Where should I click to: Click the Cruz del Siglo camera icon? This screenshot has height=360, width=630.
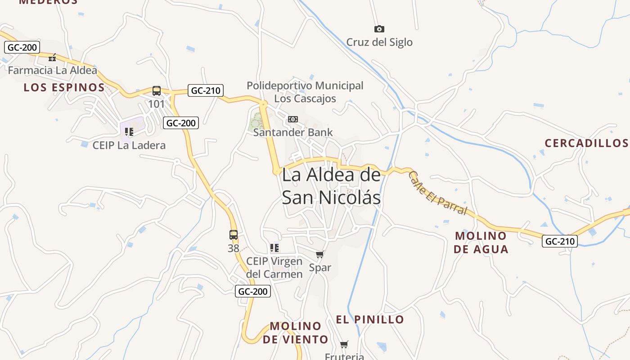click(x=379, y=29)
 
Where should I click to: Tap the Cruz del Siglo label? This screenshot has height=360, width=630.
click(x=379, y=42)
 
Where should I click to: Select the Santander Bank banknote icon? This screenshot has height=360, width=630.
click(x=293, y=119)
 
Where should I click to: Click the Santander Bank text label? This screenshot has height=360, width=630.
click(x=293, y=132)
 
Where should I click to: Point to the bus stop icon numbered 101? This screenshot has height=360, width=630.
click(x=157, y=91)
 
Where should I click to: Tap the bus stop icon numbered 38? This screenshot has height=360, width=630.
click(x=234, y=235)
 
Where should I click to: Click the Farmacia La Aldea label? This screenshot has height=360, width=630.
click(x=52, y=71)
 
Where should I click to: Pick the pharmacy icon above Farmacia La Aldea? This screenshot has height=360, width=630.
click(x=52, y=58)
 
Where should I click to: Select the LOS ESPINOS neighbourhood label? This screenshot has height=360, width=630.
click(x=64, y=88)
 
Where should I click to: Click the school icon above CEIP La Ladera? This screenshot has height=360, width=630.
click(x=129, y=132)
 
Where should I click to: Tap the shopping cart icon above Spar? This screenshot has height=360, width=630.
click(x=320, y=255)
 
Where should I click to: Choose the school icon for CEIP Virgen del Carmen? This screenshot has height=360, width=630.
click(x=274, y=248)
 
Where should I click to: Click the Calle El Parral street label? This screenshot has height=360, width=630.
click(x=437, y=193)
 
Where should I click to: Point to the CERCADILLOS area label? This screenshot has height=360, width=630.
click(x=586, y=143)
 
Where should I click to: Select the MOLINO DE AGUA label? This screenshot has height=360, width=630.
click(x=481, y=243)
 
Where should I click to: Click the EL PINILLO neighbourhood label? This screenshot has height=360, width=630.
click(x=370, y=319)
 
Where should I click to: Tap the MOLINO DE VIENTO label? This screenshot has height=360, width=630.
click(x=296, y=333)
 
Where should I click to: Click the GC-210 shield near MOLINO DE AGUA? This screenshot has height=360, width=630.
click(x=559, y=241)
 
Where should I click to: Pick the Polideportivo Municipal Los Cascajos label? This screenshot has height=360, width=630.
click(x=305, y=92)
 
